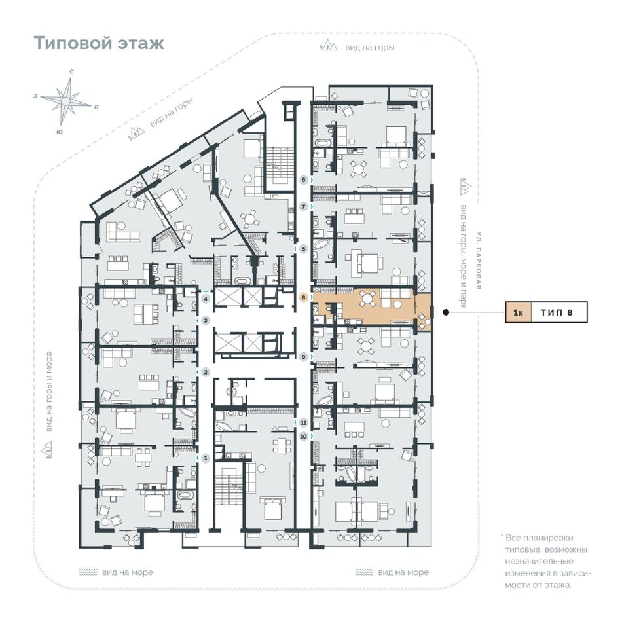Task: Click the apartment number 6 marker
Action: coord(304,180)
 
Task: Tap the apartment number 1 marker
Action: coord(206,458)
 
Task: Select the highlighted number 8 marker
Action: coord(304,297)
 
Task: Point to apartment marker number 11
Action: coord(304,422)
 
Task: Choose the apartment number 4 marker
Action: coord(206,299)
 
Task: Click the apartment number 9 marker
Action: coord(304,357)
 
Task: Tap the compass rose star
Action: coord(66,101)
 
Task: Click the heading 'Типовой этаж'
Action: coord(99,43)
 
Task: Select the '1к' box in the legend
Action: coord(518,312)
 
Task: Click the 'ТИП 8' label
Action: coord(557,312)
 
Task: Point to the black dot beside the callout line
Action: coord(446,312)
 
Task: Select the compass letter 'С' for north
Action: coord(72,72)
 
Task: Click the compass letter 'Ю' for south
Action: coord(60,132)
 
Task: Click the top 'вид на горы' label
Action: coord(370,48)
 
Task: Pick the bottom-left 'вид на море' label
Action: coord(127,572)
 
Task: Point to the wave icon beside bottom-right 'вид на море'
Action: coord(364,572)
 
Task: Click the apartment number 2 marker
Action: coord(206,372)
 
